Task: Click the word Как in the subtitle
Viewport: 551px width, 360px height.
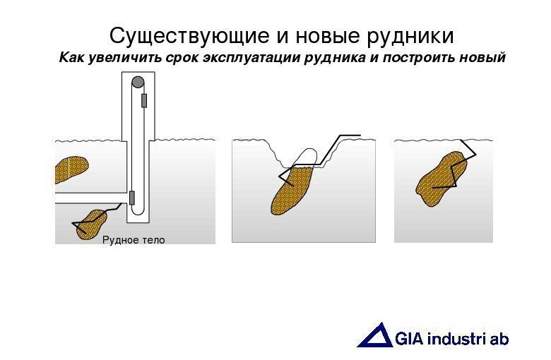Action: click(71, 57)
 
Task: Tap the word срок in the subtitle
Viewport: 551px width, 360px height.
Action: click(182, 57)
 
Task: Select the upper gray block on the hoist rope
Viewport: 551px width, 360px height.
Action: click(144, 100)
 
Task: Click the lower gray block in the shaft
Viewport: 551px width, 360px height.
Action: click(131, 197)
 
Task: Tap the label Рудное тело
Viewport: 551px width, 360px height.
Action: click(134, 240)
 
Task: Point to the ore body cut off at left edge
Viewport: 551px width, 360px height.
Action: click(69, 170)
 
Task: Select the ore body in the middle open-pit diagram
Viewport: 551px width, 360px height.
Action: click(291, 188)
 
